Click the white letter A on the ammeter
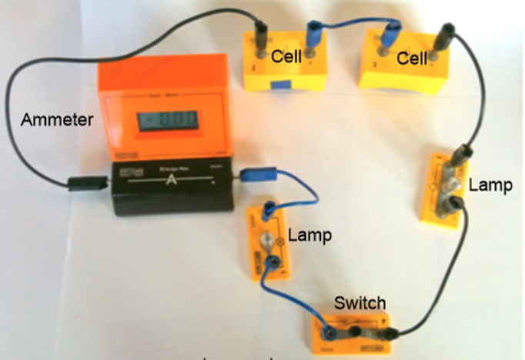(x=174, y=184)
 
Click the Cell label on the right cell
(x=413, y=58)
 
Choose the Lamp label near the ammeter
(x=309, y=235)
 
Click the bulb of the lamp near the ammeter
(x=266, y=241)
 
